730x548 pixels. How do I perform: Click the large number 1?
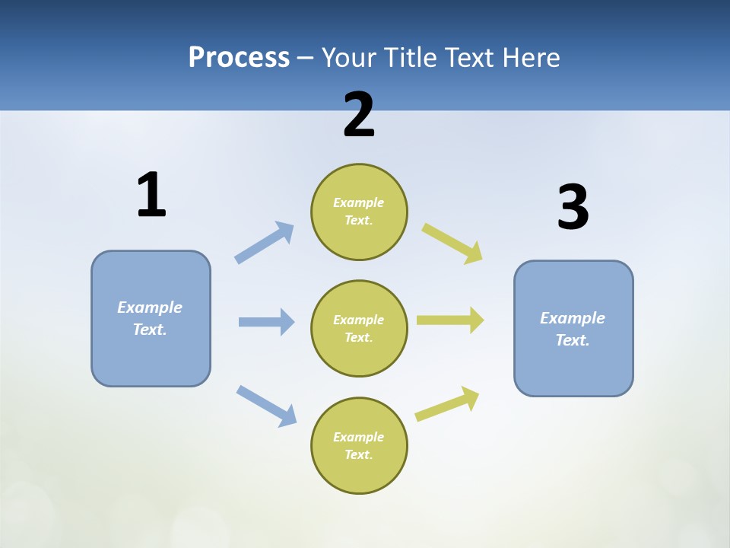pyautogui.click(x=151, y=195)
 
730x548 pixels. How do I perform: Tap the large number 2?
pyautogui.click(x=359, y=115)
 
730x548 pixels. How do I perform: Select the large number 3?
pyautogui.click(x=573, y=207)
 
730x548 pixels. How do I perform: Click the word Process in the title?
pyautogui.click(x=239, y=57)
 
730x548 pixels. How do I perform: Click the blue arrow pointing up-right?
pyautogui.click(x=265, y=242)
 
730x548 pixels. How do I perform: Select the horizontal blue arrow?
pyautogui.click(x=266, y=322)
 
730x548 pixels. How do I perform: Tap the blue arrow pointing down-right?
pyautogui.click(x=266, y=405)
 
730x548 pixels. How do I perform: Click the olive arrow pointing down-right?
pyautogui.click(x=452, y=243)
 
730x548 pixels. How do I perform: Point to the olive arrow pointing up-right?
pyautogui.click(x=447, y=403)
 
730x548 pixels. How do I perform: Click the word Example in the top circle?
pyautogui.click(x=359, y=202)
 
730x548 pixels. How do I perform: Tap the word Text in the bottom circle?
pyautogui.click(x=357, y=454)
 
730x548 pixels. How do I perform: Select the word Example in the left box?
pyautogui.click(x=150, y=307)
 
